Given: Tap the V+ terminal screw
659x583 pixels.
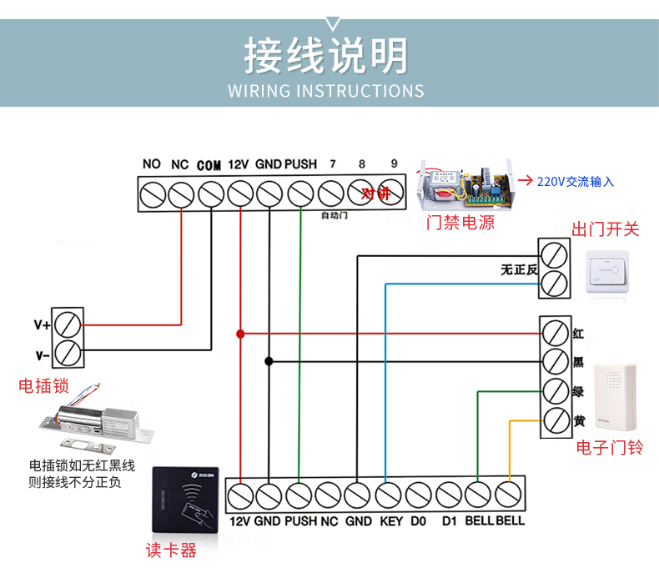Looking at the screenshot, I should click(x=68, y=324).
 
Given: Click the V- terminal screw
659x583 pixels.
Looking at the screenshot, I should click(x=68, y=354).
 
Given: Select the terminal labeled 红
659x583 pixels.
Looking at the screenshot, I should click(x=555, y=333).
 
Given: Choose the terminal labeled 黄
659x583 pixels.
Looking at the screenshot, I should click(x=555, y=422).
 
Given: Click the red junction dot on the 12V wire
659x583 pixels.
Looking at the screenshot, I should click(x=240, y=334).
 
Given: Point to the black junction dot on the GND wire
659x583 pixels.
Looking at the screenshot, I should click(x=269, y=361).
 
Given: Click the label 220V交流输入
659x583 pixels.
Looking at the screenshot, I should click(x=575, y=181).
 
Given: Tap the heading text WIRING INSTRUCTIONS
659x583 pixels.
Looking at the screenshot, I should click(x=326, y=90).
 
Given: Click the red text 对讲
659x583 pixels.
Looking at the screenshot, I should click(x=375, y=193).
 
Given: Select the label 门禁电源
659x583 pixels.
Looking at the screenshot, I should click(x=460, y=223).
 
